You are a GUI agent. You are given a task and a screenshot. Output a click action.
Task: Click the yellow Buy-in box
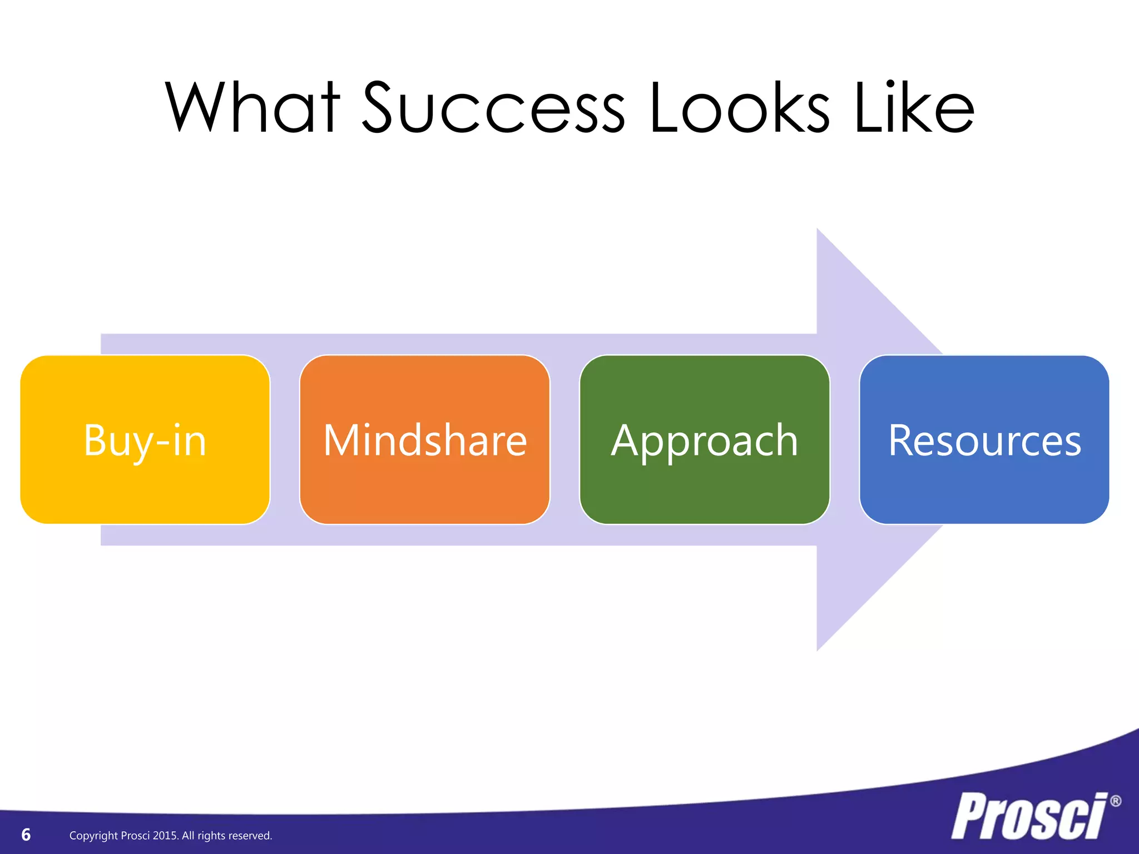[145, 439]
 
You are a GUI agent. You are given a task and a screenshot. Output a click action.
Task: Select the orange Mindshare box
[425, 439]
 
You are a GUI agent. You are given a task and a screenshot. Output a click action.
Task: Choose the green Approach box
[705, 439]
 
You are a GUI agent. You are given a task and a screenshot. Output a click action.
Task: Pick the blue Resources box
[984, 439]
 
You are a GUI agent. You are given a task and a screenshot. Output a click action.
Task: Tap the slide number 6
[26, 835]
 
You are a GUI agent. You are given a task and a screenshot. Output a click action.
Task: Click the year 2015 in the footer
[165, 836]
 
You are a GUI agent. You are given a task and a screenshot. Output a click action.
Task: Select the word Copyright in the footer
[93, 836]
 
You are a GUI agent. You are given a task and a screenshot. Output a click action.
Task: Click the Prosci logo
[1029, 816]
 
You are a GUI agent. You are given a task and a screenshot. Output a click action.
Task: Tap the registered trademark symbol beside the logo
[1115, 801]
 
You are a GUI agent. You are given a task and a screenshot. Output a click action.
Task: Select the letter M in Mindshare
[340, 440]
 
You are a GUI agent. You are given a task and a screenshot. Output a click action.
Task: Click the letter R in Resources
[901, 440]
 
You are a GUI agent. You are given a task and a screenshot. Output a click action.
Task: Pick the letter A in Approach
[625, 440]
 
